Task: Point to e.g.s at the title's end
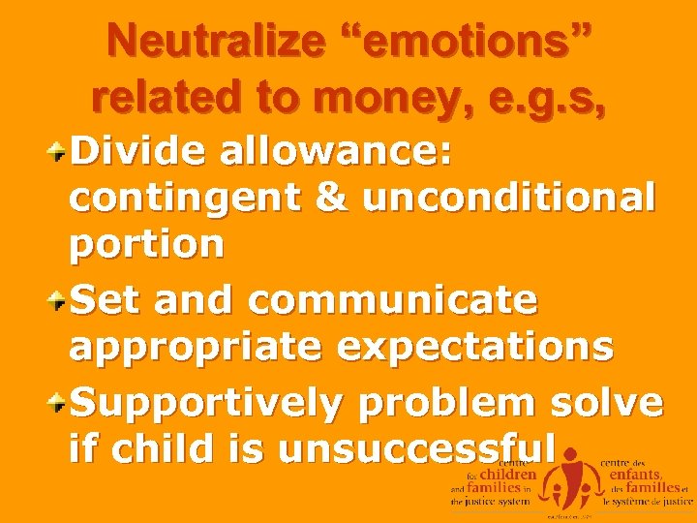pos(551,97)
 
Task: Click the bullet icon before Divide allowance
pos(59,152)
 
